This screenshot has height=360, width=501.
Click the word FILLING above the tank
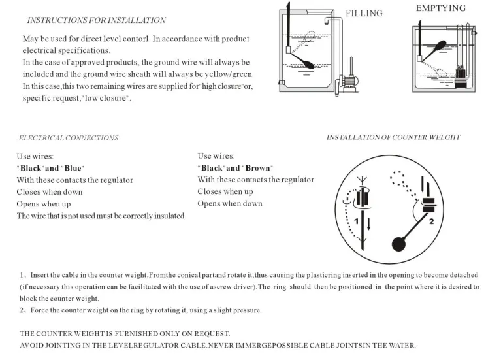coord(364,13)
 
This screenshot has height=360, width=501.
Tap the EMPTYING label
coord(440,8)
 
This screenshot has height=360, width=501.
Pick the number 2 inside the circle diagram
coord(431,221)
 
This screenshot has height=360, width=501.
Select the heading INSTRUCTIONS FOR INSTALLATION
coord(96,20)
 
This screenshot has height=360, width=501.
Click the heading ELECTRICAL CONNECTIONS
coord(69,138)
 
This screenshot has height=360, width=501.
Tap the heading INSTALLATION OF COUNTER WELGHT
coord(393,137)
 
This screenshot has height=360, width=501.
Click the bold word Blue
coord(72,168)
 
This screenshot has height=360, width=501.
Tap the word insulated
coord(169,216)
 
